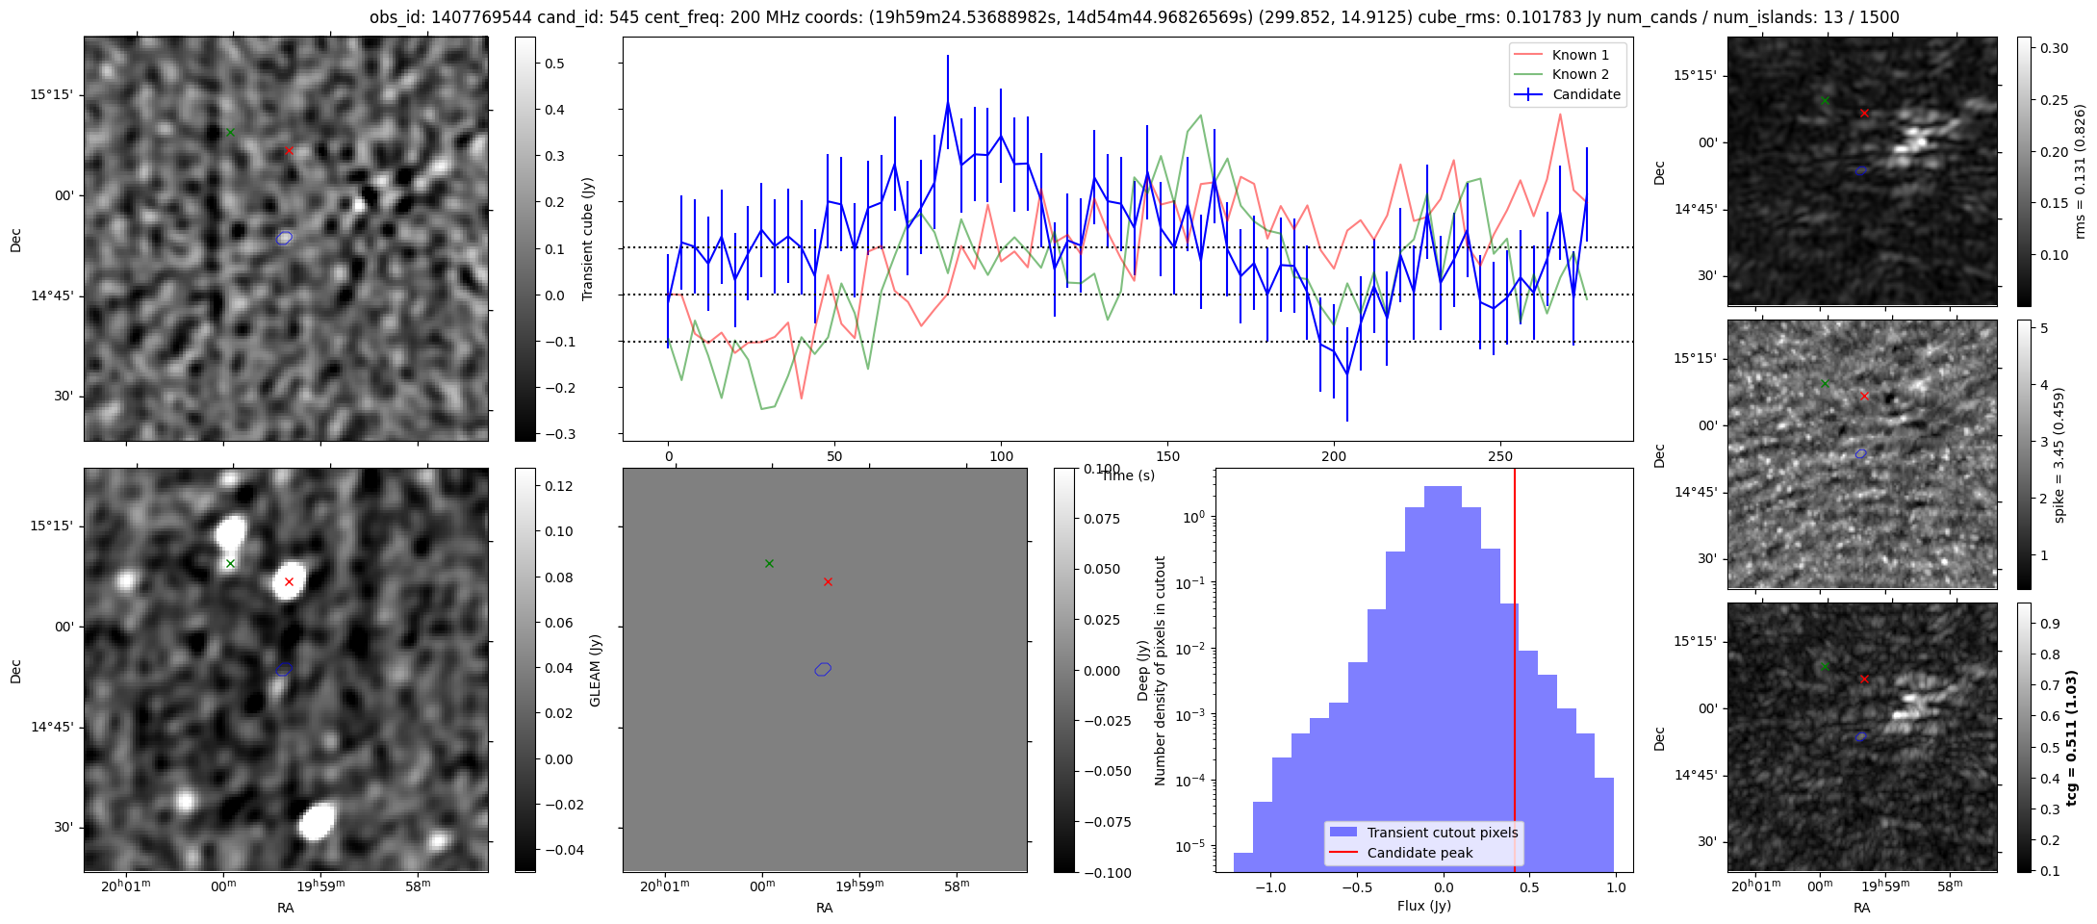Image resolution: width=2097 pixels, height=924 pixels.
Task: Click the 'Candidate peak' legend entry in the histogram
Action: tap(1419, 853)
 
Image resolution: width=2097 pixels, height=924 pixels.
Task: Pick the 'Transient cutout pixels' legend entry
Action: tap(1442, 833)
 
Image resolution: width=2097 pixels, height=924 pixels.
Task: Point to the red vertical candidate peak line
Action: tap(1515, 674)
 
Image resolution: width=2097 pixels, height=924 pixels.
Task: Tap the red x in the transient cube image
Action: tap(289, 150)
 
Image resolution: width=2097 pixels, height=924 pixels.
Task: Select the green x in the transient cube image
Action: tap(230, 132)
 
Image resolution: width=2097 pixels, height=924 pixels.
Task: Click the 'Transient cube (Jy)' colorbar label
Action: tap(588, 239)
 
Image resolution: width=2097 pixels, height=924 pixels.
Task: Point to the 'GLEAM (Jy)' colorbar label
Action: tap(596, 670)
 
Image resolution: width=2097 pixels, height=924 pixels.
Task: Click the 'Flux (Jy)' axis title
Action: tap(1423, 906)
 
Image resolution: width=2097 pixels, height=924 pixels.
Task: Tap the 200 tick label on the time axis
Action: tap(1334, 456)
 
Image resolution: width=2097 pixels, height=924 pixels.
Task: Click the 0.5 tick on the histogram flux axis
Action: tap(1529, 887)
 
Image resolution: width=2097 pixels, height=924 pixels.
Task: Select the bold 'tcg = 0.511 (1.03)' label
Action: tap(2072, 737)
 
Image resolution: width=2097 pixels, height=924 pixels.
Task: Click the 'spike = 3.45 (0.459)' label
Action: tap(2059, 454)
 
